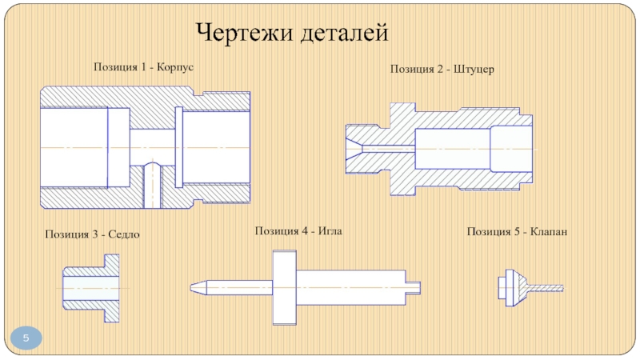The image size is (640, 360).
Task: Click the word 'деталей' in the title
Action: (x=345, y=33)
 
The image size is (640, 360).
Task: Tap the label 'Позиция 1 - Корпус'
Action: (x=144, y=67)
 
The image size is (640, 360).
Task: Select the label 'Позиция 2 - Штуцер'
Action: (x=442, y=70)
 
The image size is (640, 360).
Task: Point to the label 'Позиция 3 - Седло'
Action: (x=97, y=234)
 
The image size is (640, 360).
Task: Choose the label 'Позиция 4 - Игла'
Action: (x=303, y=231)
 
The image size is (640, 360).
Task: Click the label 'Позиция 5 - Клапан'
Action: (x=517, y=232)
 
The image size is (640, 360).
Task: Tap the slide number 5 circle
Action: (x=26, y=339)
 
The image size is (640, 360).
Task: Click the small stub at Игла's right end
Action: (x=416, y=286)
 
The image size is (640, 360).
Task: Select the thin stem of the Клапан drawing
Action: (x=547, y=287)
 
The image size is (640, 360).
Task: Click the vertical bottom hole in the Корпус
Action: (x=151, y=186)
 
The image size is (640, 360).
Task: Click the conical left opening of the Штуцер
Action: (x=352, y=148)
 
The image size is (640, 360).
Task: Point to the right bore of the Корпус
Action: (x=216, y=148)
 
